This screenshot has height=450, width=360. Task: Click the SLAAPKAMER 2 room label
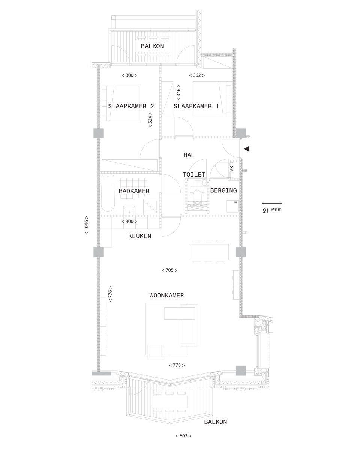coord(131,106)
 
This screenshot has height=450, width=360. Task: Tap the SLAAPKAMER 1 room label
coord(196,106)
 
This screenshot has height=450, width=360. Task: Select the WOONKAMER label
coord(166,295)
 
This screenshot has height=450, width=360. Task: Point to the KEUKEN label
coord(139,236)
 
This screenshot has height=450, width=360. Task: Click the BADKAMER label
coord(134,191)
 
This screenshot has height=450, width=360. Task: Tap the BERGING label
coord(223,190)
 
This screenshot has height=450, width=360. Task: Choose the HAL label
coord(189,155)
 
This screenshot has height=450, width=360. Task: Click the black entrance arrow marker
coord(247,148)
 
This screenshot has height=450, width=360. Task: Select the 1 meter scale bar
coord(272,203)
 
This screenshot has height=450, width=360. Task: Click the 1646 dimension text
coord(86,225)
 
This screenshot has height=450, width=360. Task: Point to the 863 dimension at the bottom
coord(183,434)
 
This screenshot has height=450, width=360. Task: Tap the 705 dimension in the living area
coord(169,270)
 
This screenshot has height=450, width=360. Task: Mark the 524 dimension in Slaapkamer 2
coord(150,120)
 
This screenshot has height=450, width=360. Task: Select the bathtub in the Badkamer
coord(108,193)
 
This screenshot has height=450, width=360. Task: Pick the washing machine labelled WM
coord(233,206)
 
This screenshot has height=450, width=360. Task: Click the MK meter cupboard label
coord(232,168)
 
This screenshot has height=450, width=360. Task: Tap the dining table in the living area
coord(209,252)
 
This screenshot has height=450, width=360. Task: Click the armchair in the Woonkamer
coord(155,352)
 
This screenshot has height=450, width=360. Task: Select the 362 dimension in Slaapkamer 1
coord(196,75)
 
